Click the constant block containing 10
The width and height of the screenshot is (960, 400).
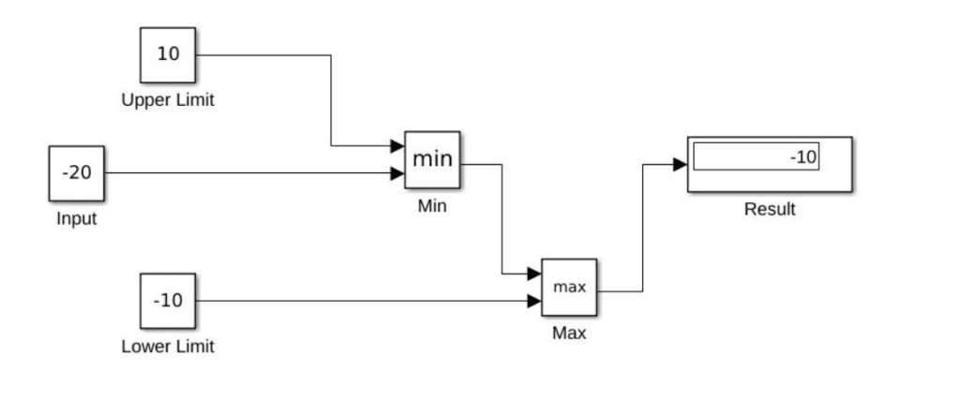pos(168,54)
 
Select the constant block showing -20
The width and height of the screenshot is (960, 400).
pos(76,173)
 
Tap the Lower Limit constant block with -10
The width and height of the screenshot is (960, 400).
pos(168,301)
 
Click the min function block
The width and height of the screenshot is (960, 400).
pos(432,159)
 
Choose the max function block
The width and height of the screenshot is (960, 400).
pos(569,287)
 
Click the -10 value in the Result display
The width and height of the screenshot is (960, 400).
pos(802,157)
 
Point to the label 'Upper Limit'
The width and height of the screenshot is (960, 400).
pos(168,100)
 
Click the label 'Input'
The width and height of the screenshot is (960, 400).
pos(76,220)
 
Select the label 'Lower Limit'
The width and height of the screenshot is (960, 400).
pos(168,347)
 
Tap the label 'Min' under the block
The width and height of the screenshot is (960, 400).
pos(432,206)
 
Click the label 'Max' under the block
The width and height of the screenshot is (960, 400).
pos(569,333)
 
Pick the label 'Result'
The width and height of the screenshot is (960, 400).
pos(770,209)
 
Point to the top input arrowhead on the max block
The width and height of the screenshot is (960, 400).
pos(534,274)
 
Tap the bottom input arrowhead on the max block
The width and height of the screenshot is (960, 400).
pos(534,301)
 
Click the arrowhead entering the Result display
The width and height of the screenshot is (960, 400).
pos(680,165)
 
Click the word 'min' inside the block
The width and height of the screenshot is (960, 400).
pos(432,158)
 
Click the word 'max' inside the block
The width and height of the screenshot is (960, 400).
pos(569,287)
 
